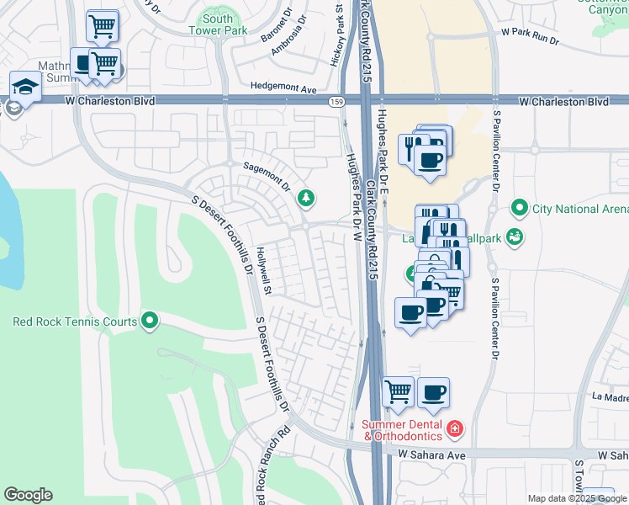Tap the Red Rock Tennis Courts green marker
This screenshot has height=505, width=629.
(x=150, y=320)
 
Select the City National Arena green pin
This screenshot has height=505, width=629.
(x=520, y=208)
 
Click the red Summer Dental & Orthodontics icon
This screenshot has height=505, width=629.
(x=455, y=429)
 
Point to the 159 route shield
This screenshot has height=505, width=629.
(x=336, y=101)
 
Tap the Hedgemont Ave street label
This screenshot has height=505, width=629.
(x=283, y=88)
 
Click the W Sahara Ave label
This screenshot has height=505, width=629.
(x=431, y=454)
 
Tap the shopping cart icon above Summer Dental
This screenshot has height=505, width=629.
(x=398, y=391)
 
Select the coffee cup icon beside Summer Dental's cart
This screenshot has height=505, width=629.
(x=433, y=391)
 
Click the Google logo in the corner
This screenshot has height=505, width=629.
(x=28, y=495)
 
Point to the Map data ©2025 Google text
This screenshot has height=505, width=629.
(x=576, y=498)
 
